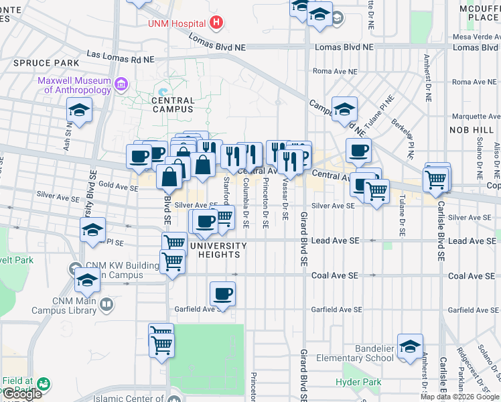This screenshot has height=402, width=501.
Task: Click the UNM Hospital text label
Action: [176, 23]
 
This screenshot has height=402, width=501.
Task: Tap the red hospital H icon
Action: [216, 23]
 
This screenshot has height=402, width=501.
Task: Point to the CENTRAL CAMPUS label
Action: [173, 105]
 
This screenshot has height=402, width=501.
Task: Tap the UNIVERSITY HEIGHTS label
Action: [218, 251]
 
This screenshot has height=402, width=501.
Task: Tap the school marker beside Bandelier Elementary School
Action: [410, 346]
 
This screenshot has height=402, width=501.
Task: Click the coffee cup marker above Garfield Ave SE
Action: [222, 293]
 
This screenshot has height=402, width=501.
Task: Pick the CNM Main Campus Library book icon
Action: [106, 306]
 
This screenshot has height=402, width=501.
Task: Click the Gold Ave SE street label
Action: [118, 184]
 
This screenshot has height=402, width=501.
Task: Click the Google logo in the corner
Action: [22, 394]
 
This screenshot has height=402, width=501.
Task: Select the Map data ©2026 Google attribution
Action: [459, 397]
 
